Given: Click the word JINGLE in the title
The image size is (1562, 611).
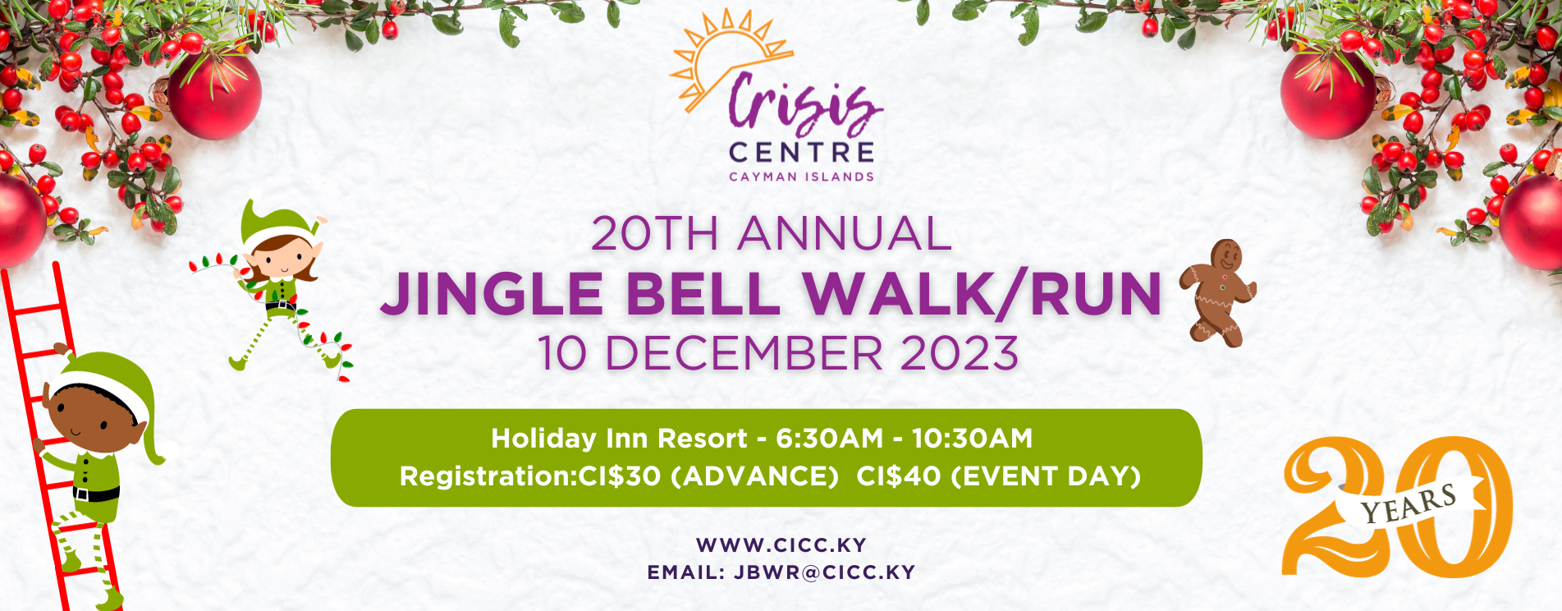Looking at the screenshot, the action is pyautogui.click(x=492, y=294).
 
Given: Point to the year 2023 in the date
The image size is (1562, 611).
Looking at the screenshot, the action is pyautogui.click(x=960, y=353).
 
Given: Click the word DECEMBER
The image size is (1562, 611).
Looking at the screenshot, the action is pyautogui.click(x=743, y=353).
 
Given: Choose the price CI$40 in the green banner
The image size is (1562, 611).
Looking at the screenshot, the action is pyautogui.click(x=899, y=476).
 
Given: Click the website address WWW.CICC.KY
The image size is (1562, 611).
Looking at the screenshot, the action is pyautogui.click(x=781, y=545).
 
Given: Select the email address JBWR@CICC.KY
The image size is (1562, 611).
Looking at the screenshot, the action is pyautogui.click(x=824, y=572).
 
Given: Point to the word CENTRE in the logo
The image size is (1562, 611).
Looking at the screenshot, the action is pyautogui.click(x=801, y=152).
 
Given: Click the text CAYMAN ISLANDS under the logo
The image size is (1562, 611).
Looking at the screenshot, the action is pyautogui.click(x=801, y=177).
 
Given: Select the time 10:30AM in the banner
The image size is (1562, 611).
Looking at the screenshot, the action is pyautogui.click(x=972, y=439).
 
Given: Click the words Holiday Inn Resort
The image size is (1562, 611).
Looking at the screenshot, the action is pyautogui.click(x=620, y=439).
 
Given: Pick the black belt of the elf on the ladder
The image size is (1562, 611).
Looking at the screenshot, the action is pyautogui.click(x=96, y=494).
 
